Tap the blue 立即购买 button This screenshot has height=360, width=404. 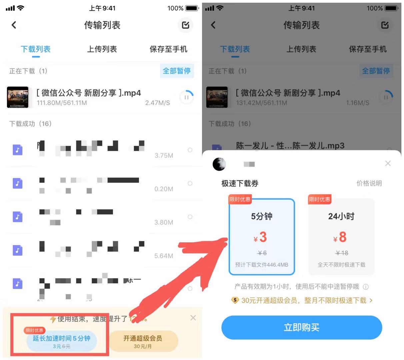coord(301,327)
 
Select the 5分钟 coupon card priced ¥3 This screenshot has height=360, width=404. coord(262,237)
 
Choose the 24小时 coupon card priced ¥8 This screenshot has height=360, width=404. coord(341,237)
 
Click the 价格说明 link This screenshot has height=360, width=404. coord(369,183)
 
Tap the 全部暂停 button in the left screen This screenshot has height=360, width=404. coord(176,71)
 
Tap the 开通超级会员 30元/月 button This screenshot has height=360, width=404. coord(143,341)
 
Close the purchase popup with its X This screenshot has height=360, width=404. coord(388,163)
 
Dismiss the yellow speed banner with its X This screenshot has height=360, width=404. coord(193,318)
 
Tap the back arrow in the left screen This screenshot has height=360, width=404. coord(14,25)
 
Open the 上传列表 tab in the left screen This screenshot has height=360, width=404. coord(102,49)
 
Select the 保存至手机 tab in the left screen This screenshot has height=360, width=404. coord(168,49)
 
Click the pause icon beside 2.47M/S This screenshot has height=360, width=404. coord(186,97)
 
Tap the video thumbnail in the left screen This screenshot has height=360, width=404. coord(18,97)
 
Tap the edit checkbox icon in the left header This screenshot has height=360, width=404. coord(185,25)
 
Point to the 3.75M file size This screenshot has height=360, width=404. coord(164,155)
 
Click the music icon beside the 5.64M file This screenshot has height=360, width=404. coord(18,250)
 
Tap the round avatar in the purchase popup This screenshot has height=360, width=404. coord(219,164)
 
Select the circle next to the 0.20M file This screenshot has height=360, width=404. coord(190,183)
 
